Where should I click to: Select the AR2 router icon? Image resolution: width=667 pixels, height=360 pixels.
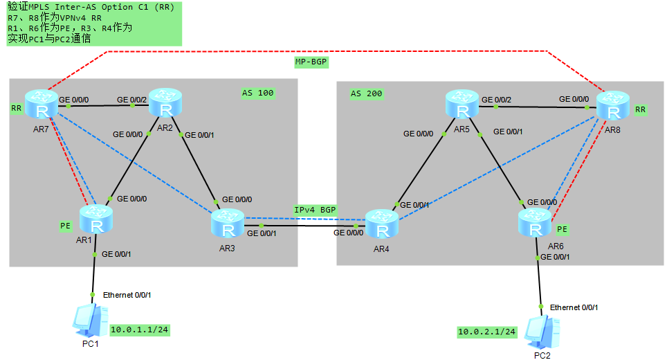pos(165,103)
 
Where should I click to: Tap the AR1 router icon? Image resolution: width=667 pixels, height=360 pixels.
pos(95,220)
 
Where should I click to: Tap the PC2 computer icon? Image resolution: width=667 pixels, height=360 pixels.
pos(542,332)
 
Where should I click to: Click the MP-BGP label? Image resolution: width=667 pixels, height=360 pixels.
pos(311,62)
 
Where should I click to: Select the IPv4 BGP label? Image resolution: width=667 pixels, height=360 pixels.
pos(316,210)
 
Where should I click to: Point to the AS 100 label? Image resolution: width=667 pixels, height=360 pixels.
pos(257,92)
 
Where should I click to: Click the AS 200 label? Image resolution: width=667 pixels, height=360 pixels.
pos(366,93)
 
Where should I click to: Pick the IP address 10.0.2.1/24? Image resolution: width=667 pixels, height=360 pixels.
pos(487,332)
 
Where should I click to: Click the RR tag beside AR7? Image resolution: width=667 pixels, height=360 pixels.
pos(16,109)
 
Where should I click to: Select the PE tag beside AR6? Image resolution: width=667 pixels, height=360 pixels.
pos(562,229)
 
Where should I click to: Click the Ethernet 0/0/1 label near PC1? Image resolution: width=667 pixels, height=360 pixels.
pos(127,295)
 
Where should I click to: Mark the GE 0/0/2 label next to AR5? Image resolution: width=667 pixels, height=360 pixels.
pos(496,100)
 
